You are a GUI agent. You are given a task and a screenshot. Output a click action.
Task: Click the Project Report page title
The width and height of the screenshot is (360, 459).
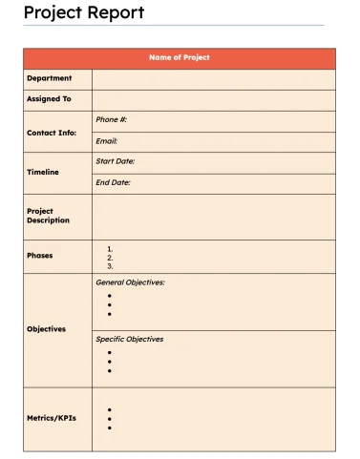click(x=84, y=12)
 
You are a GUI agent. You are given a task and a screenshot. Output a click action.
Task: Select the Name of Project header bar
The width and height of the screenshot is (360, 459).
click(x=180, y=58)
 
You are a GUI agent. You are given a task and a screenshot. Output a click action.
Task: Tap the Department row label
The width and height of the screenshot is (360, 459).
click(x=49, y=78)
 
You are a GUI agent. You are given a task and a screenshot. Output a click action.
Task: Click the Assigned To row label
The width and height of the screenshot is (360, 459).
click(x=49, y=99)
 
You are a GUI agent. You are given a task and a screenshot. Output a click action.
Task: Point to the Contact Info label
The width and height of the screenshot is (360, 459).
click(x=52, y=133)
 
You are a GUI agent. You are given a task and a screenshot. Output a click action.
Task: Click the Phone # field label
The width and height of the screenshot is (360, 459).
click(x=112, y=120)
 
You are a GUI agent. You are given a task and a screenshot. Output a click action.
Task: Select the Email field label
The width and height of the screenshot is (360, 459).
click(x=107, y=141)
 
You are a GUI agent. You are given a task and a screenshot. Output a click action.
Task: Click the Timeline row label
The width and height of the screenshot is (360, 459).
click(x=43, y=173)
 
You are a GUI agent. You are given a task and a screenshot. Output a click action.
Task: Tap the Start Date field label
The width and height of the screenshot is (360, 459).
click(x=116, y=162)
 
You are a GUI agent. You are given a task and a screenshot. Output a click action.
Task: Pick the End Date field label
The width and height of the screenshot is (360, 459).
click(x=114, y=182)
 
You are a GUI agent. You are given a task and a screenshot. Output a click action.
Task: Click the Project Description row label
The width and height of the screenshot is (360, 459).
click(x=48, y=216)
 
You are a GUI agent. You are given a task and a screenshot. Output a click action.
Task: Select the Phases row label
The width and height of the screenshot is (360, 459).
click(x=40, y=256)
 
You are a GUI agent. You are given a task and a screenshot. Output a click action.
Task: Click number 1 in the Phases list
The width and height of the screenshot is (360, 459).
click(x=110, y=249)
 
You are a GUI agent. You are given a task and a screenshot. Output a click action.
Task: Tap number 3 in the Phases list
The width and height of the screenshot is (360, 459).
click(x=110, y=266)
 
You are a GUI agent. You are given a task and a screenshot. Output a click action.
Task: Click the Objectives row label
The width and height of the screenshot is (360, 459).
click(x=47, y=329)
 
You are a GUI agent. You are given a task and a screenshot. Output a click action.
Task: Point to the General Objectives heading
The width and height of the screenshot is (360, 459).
click(x=131, y=282)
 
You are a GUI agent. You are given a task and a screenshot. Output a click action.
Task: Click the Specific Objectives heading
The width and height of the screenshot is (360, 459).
click(x=130, y=339)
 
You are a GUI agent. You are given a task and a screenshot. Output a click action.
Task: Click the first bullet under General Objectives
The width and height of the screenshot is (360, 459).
click(x=110, y=296)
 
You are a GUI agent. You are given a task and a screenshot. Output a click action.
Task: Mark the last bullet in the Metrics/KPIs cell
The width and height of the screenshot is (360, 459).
click(x=110, y=428)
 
